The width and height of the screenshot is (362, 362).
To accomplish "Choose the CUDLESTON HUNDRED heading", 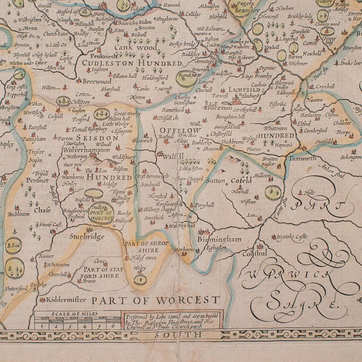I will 130,63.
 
